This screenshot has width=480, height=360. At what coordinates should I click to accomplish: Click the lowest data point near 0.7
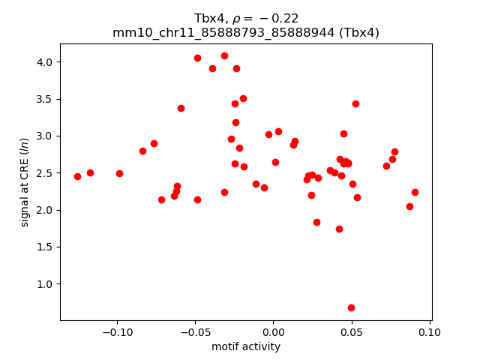pos(351,307)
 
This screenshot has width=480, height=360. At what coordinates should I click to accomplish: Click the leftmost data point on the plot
pos(77,176)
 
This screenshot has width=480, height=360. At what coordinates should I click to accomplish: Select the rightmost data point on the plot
pos(415,192)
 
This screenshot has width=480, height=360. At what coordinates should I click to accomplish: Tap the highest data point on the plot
pos(224,55)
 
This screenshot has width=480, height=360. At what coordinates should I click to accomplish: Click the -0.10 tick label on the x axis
pos(116,332)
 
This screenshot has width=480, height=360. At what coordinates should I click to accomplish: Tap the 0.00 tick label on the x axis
pos(273,332)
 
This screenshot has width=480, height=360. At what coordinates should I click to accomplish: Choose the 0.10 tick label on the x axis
pos(430,332)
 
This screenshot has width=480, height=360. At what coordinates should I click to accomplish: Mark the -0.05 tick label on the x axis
pos(194,332)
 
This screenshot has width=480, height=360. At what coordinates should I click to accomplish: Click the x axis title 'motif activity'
pos(246,346)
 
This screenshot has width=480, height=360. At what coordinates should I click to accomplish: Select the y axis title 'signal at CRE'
pos(25,181)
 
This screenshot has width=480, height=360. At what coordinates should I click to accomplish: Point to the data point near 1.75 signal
pos(339,229)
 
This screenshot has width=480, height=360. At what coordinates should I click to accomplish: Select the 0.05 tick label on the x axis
pos(351,332)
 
